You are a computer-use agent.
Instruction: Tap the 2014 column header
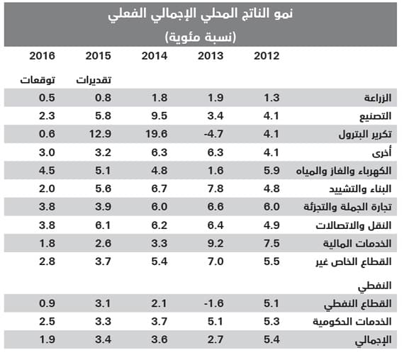(x=154, y=56)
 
